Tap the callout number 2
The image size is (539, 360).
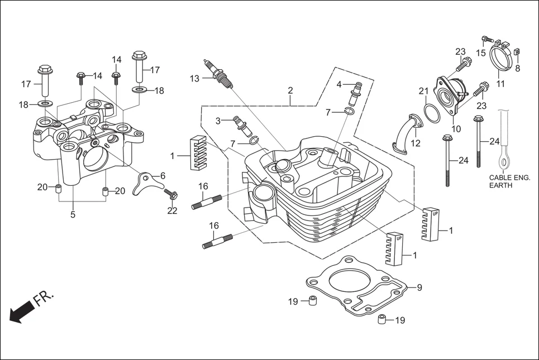pyautogui.click(x=290, y=90)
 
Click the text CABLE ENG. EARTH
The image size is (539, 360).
pyautogui.click(x=509, y=181)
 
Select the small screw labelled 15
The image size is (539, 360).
pyautogui.click(x=486, y=40)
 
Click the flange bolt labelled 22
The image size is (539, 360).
pyautogui.click(x=171, y=195)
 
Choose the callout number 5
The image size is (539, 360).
pyautogui.click(x=73, y=214)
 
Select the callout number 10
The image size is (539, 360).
pyautogui.click(x=456, y=128)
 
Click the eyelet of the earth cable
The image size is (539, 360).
pyautogui.click(x=504, y=162)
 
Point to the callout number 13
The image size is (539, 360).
pyautogui.click(x=194, y=79)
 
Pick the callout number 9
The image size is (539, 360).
pyautogui.click(x=419, y=288)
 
